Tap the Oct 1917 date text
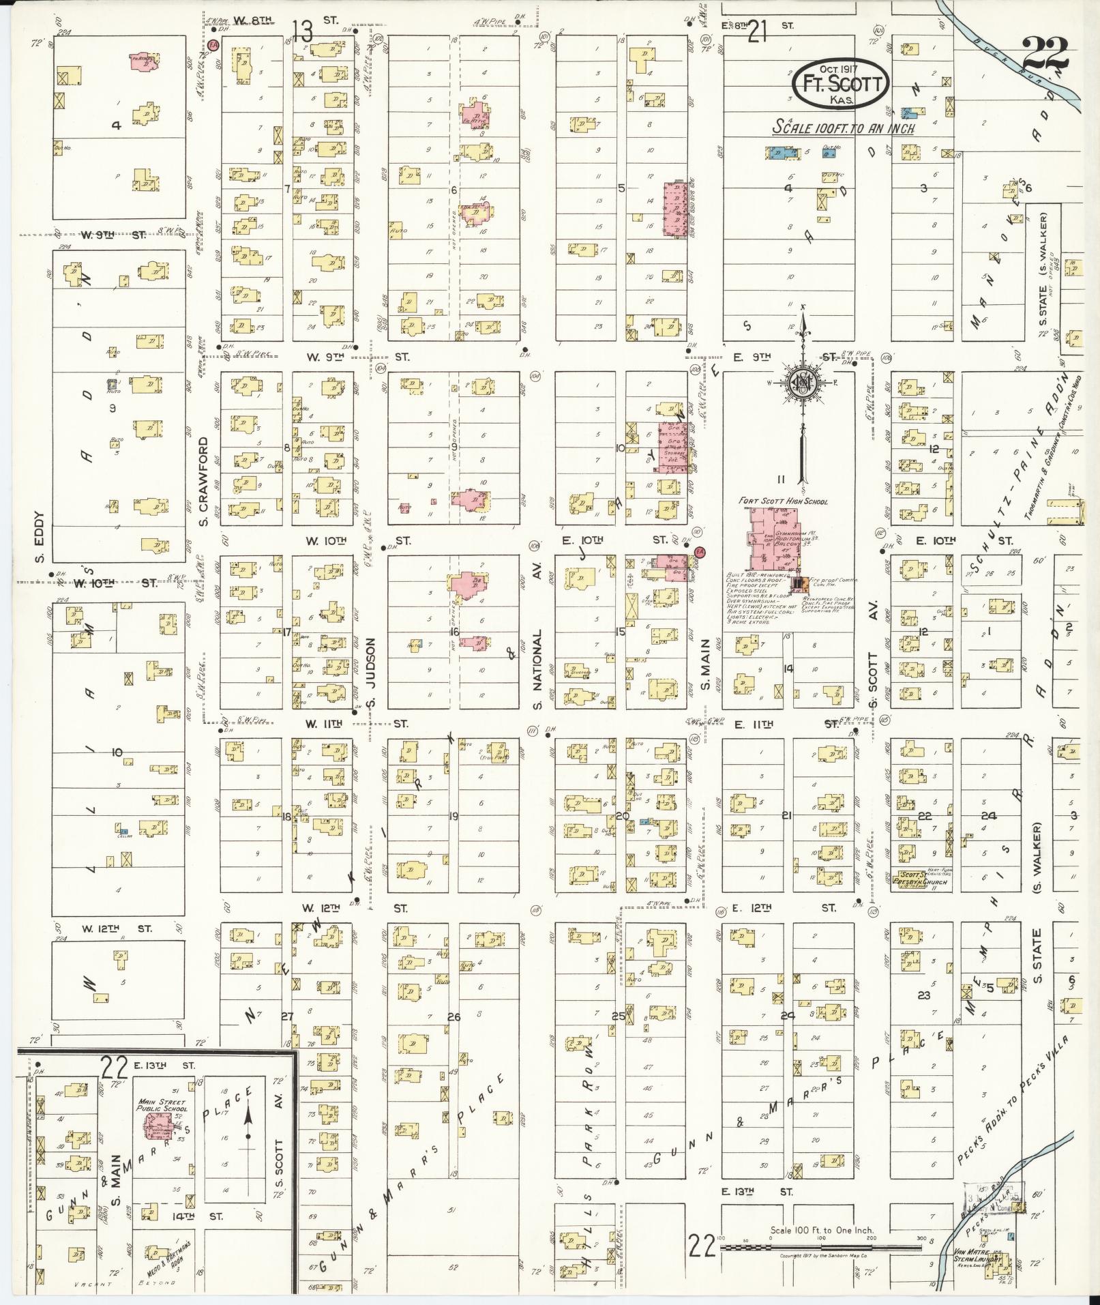[x=840, y=69]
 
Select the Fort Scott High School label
[x=783, y=501]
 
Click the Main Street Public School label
[x=162, y=1104]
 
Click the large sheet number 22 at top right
[x=1045, y=53]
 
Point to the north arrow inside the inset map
[x=248, y=1117]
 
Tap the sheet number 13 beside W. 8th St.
[x=302, y=31]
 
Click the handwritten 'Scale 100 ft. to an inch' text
[x=843, y=128]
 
